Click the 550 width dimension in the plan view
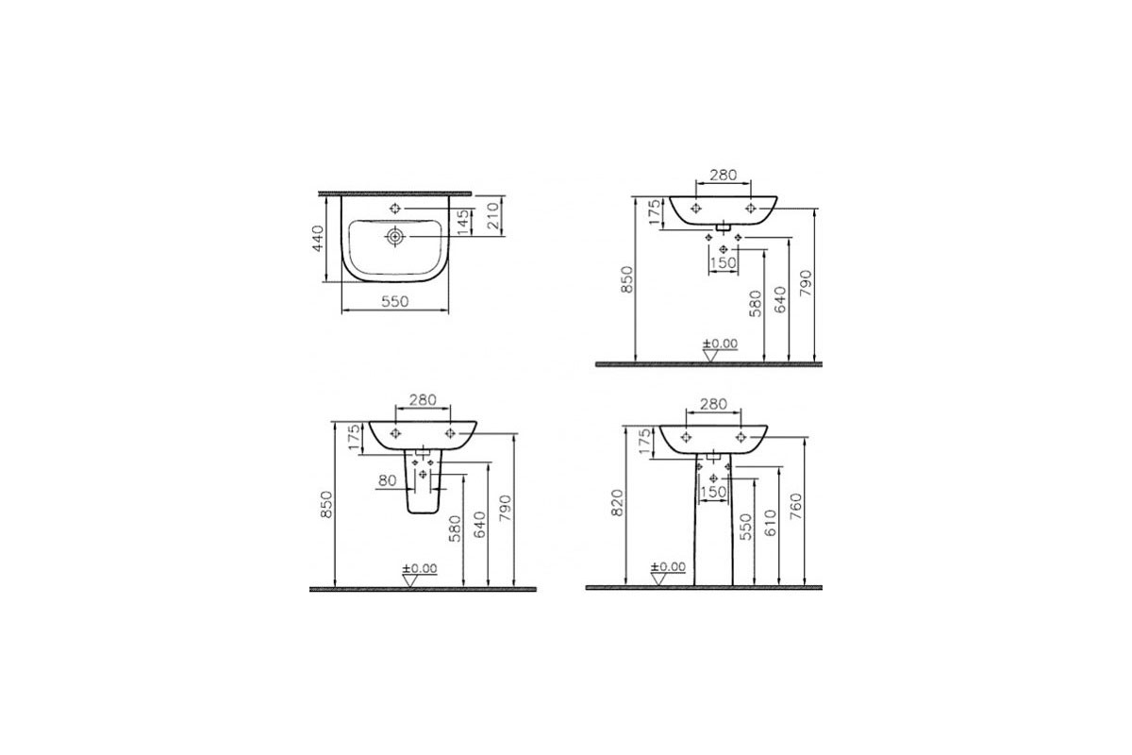pyautogui.click(x=394, y=302)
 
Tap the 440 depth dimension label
pyautogui.click(x=318, y=239)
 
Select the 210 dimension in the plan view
pyautogui.click(x=493, y=216)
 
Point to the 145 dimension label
pyautogui.click(x=463, y=223)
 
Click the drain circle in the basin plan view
pyautogui.click(x=395, y=236)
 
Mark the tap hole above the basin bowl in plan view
pyautogui.click(x=395, y=208)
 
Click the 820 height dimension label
pyautogui.click(x=617, y=503)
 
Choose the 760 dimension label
pyautogui.click(x=795, y=507)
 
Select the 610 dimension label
pyautogui.click(x=770, y=524)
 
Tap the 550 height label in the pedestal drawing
pyautogui.click(x=745, y=527)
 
